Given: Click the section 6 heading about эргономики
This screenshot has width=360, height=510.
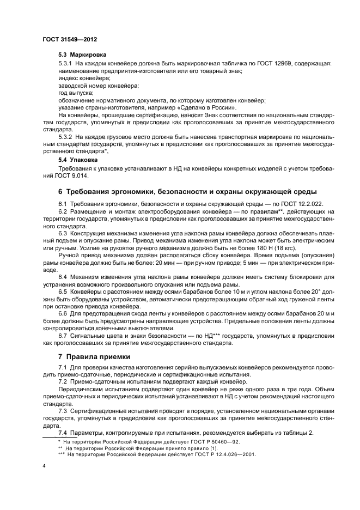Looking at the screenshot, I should tap(187, 192).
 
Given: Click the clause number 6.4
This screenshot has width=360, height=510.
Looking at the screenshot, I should tap(64, 277).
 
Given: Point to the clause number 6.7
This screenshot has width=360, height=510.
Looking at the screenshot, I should tap(64, 336).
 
